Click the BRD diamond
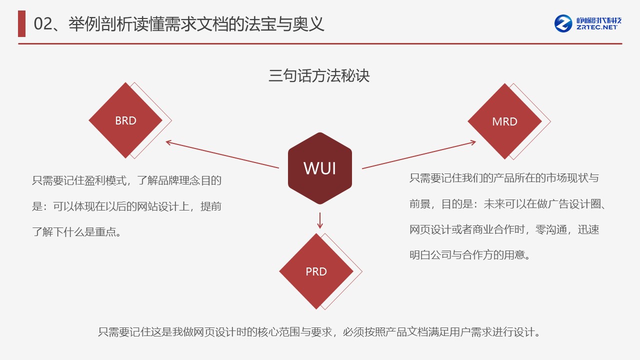[125, 120]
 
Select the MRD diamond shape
[504, 121]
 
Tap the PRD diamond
[316, 271]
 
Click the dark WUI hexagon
[320, 168]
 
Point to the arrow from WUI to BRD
[222, 155]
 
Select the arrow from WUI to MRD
[419, 155]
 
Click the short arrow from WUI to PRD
[320, 220]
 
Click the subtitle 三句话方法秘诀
[319, 76]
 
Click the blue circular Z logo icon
[563, 23]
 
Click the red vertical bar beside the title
[21, 24]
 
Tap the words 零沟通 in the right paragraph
[550, 229]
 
